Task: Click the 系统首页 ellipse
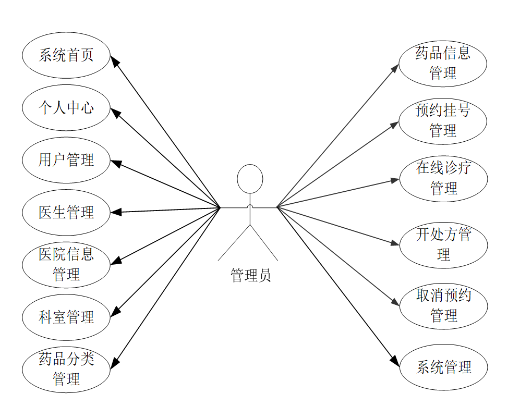(x=66, y=55)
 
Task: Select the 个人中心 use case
(x=66, y=108)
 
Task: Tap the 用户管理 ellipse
(x=66, y=160)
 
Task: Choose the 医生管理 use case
(x=66, y=213)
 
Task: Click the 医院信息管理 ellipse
(x=66, y=265)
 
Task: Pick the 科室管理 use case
(x=66, y=317)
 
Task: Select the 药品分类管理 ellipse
(x=66, y=370)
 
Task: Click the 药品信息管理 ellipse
(x=443, y=64)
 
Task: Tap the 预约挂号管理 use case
(x=443, y=121)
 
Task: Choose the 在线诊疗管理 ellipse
(x=443, y=178)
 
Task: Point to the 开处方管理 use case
(x=443, y=245)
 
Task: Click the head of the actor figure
(x=250, y=179)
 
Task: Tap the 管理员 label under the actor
(x=250, y=275)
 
